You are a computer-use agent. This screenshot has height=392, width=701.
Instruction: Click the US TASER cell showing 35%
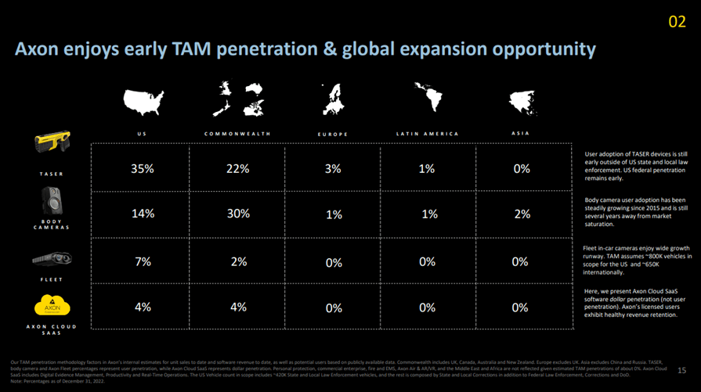[143, 168]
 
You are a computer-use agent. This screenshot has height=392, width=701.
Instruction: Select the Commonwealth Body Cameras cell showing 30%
[237, 213]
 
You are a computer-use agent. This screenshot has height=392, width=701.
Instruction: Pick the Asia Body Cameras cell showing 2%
[521, 214]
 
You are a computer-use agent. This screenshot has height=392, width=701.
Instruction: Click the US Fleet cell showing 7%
[143, 261]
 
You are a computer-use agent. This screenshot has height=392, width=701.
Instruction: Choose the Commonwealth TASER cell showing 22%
[237, 168]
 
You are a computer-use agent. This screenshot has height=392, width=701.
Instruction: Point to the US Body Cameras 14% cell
[143, 213]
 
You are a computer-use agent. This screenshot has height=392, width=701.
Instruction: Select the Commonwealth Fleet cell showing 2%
[237, 261]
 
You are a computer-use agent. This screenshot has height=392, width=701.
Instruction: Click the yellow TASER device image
[52, 143]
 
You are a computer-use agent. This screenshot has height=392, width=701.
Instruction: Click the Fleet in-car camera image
[52, 259]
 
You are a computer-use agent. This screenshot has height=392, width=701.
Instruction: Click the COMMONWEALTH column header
[237, 134]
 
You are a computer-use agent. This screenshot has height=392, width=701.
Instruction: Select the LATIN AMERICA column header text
[427, 134]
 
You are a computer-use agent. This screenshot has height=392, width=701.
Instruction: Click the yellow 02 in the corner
[677, 22]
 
